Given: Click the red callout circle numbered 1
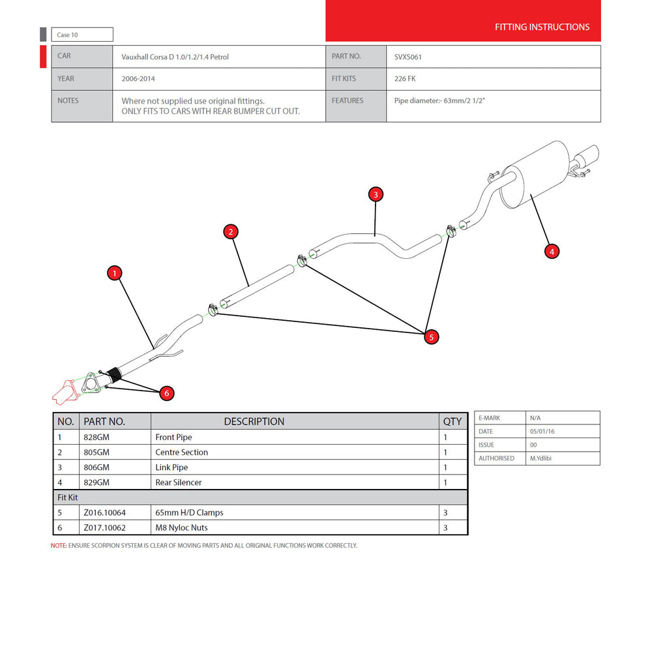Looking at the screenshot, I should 115,273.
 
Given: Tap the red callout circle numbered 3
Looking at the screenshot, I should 375,194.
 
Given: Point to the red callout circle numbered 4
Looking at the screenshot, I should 552,251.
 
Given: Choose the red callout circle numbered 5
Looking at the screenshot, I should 430,336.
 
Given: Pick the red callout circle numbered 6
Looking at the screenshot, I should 167,393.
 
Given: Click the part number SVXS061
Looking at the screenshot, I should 409,57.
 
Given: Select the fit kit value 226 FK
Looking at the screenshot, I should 405,79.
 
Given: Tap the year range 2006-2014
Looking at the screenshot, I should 138,79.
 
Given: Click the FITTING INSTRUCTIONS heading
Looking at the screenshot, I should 542,27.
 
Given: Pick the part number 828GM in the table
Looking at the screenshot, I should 96,437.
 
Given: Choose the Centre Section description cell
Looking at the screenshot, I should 182,452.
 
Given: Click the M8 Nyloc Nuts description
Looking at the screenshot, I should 181,527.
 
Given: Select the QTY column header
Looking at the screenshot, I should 452,421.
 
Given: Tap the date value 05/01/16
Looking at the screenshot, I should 544,432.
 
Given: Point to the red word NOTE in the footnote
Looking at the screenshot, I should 59,546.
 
